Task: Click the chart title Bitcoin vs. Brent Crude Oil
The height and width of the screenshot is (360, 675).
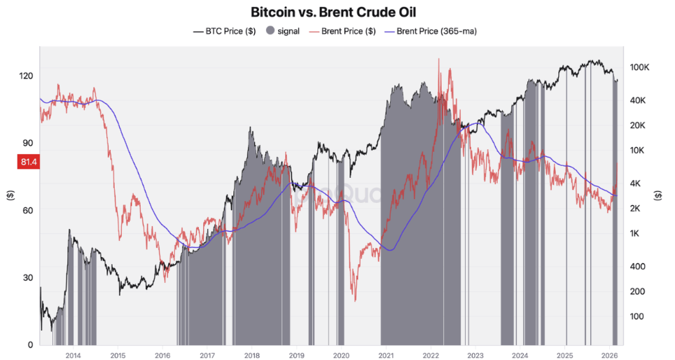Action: click(x=337, y=12)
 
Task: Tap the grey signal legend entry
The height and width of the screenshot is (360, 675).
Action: click(x=286, y=31)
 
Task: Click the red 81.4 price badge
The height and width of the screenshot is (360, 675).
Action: click(x=27, y=162)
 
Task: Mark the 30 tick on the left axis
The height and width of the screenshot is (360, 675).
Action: click(x=28, y=277)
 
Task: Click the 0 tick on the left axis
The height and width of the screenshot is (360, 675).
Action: click(x=30, y=345)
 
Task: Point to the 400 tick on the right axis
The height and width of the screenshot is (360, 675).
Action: click(x=639, y=267)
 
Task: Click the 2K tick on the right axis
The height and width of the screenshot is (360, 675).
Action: click(x=638, y=209)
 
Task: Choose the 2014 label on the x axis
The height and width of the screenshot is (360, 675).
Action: click(x=73, y=356)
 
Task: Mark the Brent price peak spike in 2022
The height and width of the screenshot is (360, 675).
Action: click(x=439, y=59)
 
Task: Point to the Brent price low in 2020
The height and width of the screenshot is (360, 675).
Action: click(x=354, y=301)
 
